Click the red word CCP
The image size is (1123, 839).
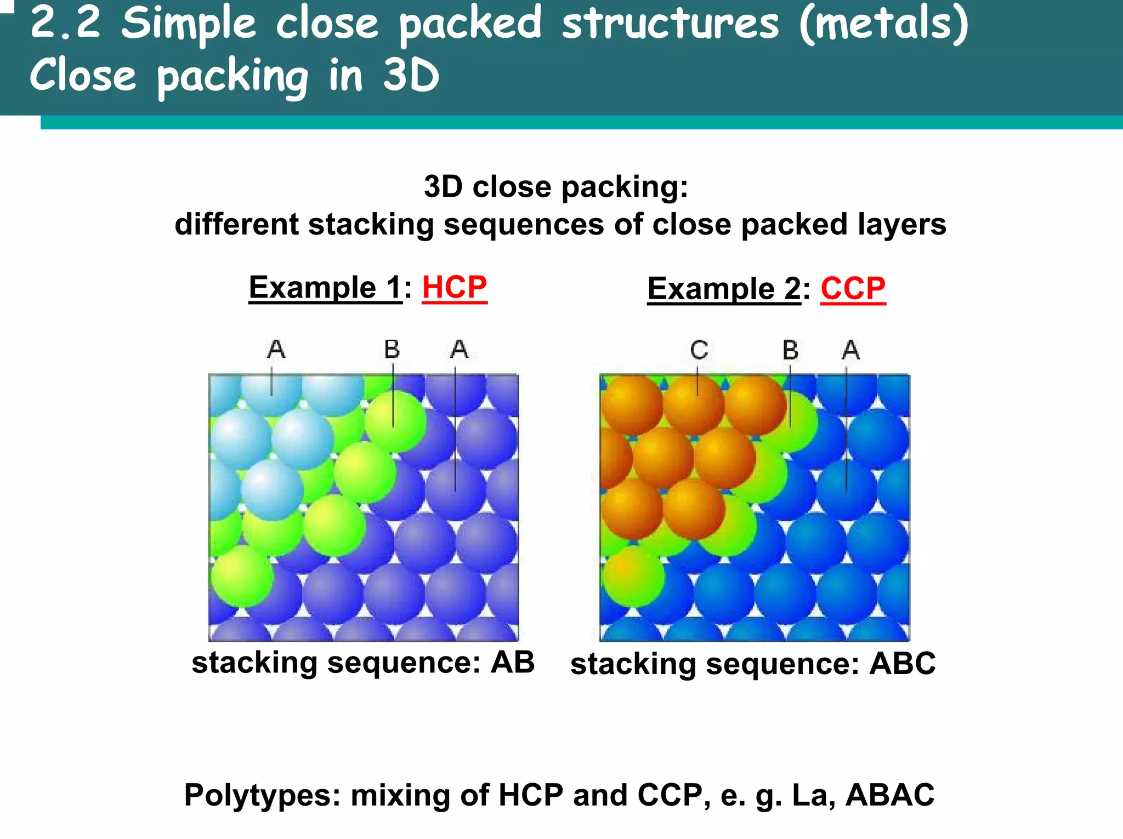853,288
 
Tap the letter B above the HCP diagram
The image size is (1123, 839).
392,349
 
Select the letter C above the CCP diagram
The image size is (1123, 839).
699,350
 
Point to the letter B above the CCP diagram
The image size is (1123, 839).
790,350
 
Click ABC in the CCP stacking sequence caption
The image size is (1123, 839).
903,664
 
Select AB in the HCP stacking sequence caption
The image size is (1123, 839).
512,662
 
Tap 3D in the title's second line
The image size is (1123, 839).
411,75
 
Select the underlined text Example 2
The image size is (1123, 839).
724,288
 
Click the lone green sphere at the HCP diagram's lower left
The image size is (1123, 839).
242,577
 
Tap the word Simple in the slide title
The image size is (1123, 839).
188,24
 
